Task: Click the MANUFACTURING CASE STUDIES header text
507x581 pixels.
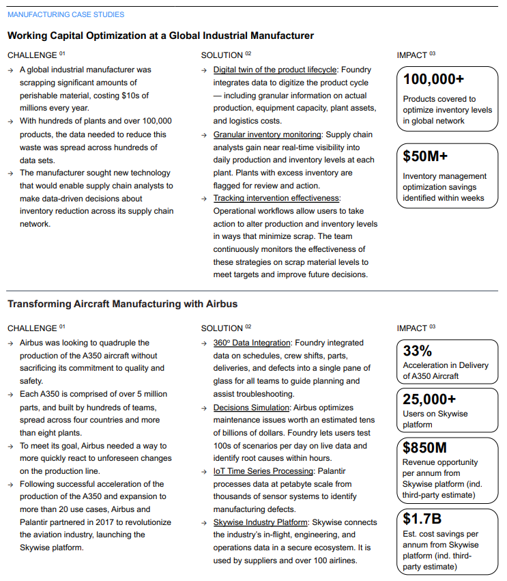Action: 66,14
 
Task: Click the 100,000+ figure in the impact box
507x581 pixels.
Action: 433,79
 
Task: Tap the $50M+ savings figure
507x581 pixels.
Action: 425,156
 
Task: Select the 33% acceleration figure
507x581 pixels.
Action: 418,351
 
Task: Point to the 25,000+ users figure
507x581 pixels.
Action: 429,399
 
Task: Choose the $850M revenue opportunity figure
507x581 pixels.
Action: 424,448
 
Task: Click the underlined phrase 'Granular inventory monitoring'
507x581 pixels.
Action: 267,134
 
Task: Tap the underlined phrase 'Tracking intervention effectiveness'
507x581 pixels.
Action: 276,198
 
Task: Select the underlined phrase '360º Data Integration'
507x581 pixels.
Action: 252,343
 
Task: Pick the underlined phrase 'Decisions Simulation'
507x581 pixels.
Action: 251,408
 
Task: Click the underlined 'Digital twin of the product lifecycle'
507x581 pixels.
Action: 274,70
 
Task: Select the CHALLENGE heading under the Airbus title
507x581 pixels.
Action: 32,328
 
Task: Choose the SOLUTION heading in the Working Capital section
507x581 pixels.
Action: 222,55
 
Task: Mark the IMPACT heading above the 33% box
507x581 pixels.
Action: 411,328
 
